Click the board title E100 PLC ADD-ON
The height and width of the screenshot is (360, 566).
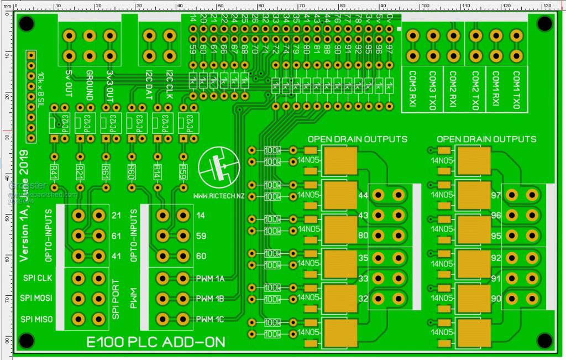[x=156, y=342]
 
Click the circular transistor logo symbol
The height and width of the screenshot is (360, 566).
[x=219, y=167]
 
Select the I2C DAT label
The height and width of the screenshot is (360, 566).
[x=149, y=86]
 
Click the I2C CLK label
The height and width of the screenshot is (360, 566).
[x=169, y=86]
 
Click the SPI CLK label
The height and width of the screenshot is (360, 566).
[x=37, y=278]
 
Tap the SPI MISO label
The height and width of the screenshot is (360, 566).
[x=37, y=319]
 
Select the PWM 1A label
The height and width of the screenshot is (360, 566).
[x=209, y=278]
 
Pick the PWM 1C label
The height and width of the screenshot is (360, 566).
[x=209, y=319]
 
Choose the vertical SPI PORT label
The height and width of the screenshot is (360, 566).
[x=116, y=299]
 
